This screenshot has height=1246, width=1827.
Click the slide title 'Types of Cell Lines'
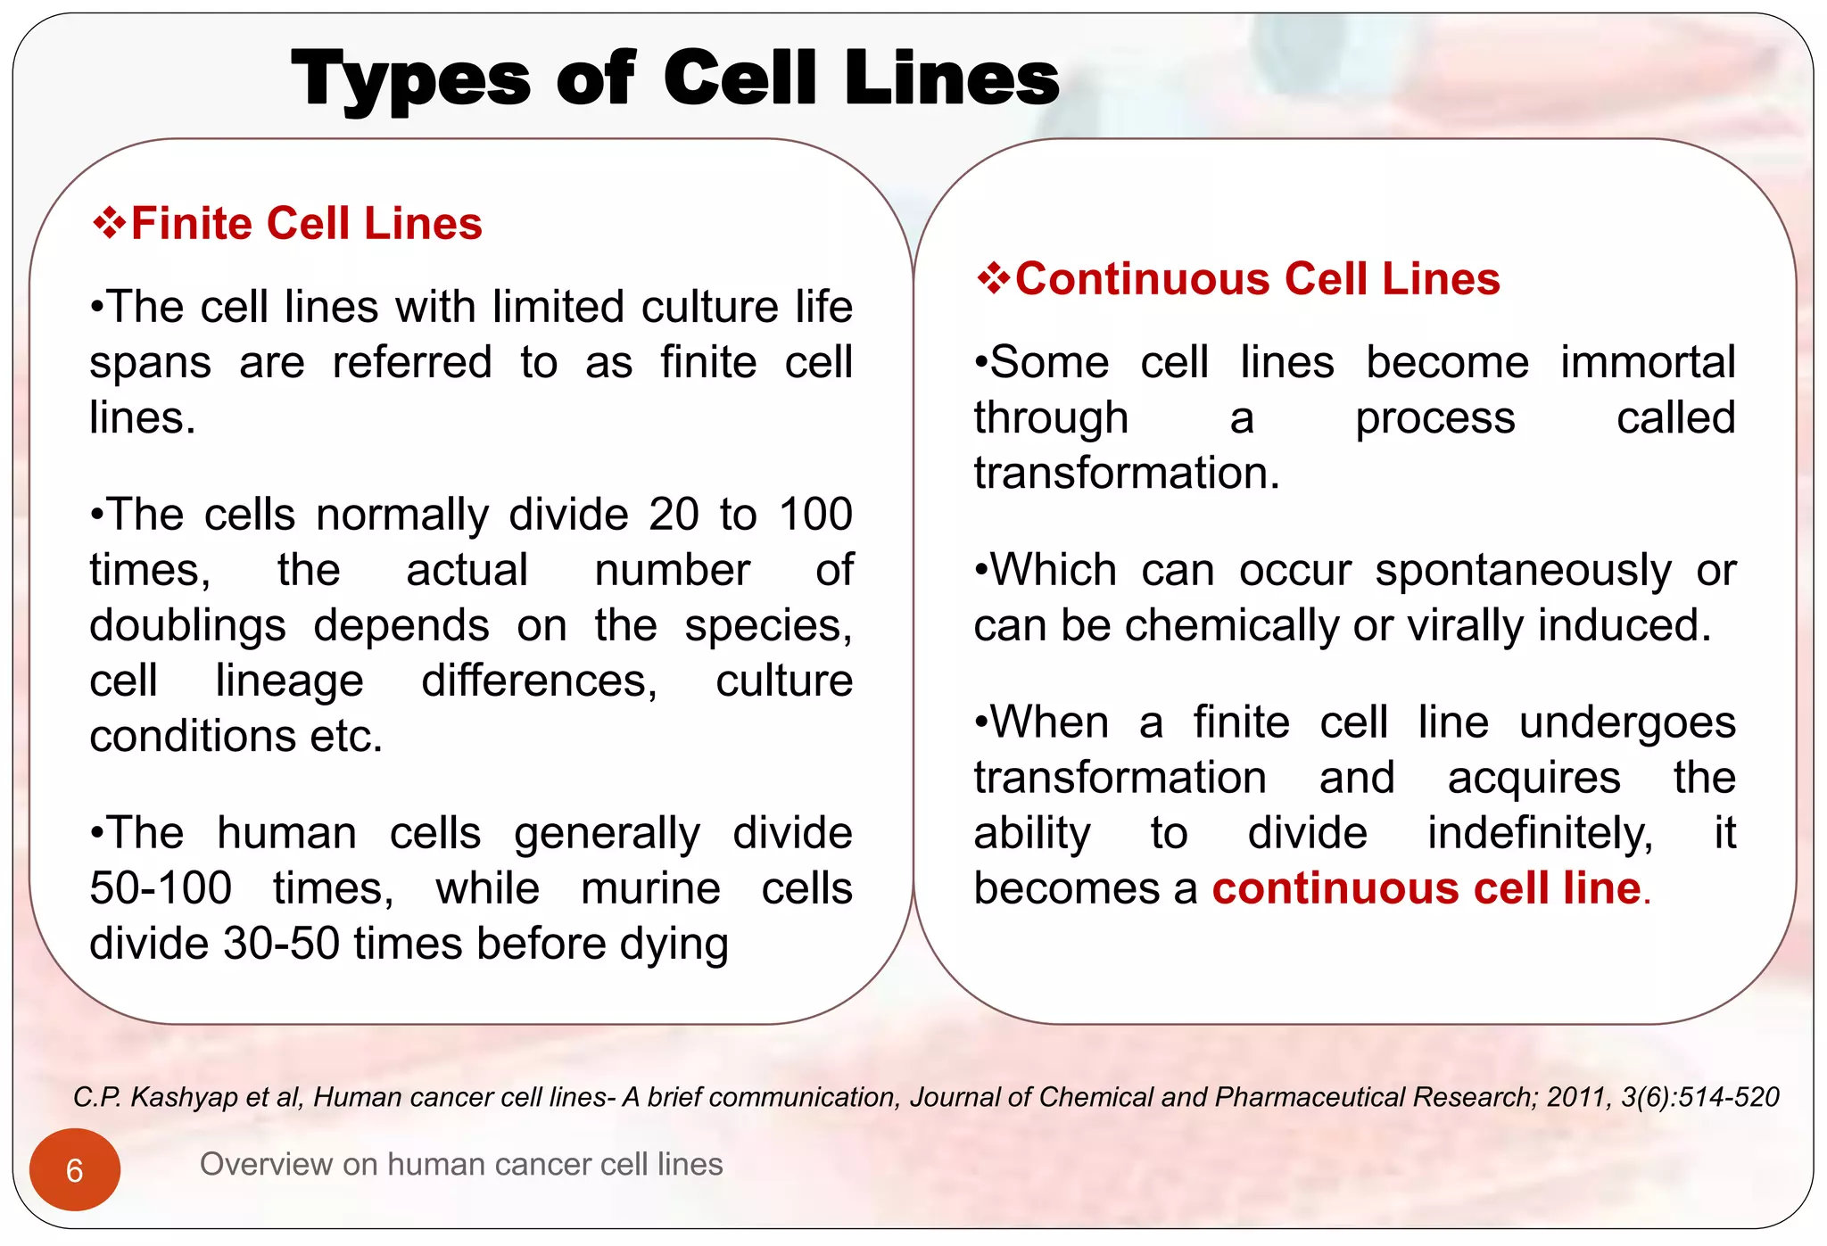pyautogui.click(x=674, y=79)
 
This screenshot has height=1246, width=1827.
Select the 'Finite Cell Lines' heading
pyautogui.click(x=306, y=223)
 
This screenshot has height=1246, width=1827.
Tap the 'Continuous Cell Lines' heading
pyautogui.click(x=1257, y=278)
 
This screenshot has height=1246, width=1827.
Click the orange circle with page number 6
pyautogui.click(x=75, y=1169)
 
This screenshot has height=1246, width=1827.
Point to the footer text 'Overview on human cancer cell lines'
pyautogui.click(x=461, y=1164)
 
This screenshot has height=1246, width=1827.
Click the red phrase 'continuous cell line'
pyautogui.click(x=1426, y=888)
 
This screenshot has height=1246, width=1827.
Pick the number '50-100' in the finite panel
pyautogui.click(x=161, y=888)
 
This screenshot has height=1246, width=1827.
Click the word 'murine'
pyautogui.click(x=650, y=888)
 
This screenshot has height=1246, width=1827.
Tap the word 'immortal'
pyautogui.click(x=1647, y=362)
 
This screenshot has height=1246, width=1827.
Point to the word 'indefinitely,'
pyautogui.click(x=1540, y=833)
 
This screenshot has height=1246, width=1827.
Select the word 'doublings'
pyautogui.click(x=187, y=626)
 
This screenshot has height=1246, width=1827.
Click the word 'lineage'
pyautogui.click(x=289, y=681)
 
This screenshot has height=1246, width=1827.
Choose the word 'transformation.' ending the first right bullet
pyautogui.click(x=1127, y=473)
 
